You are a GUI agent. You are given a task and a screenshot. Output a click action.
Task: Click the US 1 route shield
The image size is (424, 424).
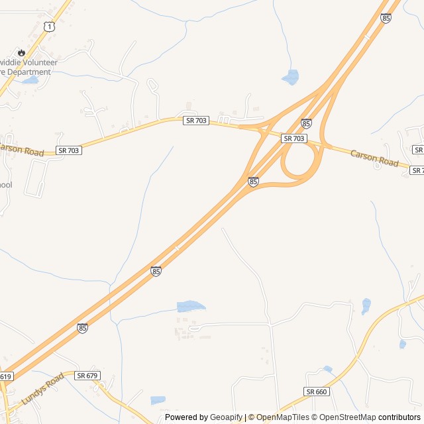[48, 26]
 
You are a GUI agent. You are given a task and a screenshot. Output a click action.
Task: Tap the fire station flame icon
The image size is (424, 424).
[22, 52]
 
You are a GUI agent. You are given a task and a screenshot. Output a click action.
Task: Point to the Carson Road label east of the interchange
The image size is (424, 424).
[374, 159]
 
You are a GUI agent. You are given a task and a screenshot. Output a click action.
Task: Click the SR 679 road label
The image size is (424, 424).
[87, 376]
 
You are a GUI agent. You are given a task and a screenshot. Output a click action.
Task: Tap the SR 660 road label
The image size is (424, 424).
[317, 392]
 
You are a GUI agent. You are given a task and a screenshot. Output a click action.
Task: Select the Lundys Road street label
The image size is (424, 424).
[42, 388]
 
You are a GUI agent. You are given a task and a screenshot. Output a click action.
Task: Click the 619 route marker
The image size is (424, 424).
[5, 376]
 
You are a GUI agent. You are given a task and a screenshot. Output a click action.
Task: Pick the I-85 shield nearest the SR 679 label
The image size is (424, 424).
[82, 328]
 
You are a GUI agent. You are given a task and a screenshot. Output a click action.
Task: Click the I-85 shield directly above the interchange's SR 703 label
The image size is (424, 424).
[306, 124]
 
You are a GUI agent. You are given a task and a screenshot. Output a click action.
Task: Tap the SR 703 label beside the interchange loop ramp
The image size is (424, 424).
[293, 138]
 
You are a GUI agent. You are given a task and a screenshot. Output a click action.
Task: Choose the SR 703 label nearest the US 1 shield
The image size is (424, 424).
[197, 120]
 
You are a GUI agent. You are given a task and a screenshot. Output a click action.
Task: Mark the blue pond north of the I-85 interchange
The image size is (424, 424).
[290, 78]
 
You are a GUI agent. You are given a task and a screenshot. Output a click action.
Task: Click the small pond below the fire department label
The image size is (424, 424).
[30, 81]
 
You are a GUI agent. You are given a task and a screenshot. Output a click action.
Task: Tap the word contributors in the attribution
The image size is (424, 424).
[399, 417]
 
